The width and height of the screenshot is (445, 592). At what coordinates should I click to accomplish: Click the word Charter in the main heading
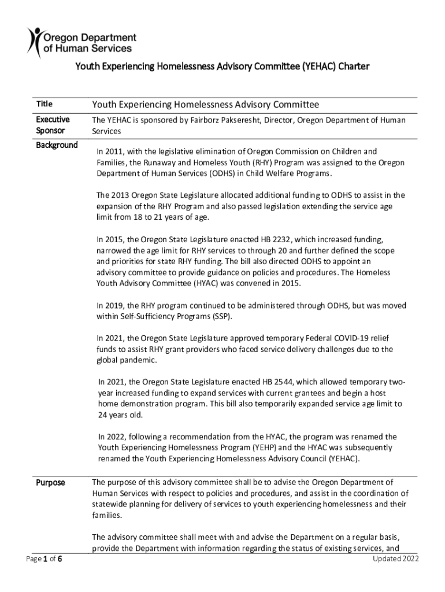[x=354, y=67]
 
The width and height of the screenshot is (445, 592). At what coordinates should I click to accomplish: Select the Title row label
[x=44, y=104]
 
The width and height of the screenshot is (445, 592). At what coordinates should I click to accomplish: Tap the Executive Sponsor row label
[x=53, y=125]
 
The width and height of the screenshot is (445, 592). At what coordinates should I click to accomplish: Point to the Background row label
[x=57, y=145]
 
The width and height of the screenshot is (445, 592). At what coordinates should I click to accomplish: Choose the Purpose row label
[x=51, y=482]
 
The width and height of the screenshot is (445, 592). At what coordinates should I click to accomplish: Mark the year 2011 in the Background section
[x=116, y=151]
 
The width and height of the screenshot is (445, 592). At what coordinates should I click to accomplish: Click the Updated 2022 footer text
[x=396, y=558]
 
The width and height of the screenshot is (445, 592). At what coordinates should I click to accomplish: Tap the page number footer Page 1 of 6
[x=44, y=559]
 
